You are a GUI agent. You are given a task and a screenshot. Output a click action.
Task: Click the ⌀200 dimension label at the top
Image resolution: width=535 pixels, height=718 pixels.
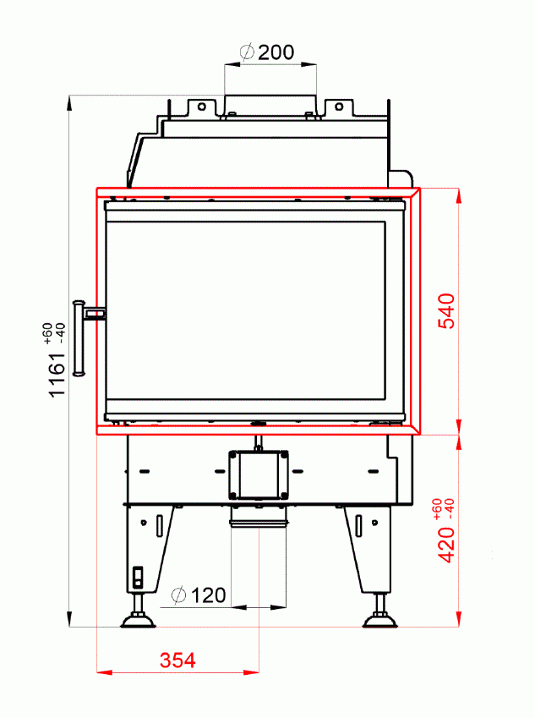coord(268,52)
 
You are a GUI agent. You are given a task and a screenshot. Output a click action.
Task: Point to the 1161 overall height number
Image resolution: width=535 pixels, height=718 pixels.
coord(56,375)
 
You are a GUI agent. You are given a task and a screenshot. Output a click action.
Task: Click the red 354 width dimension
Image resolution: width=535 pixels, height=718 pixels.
coord(177,660)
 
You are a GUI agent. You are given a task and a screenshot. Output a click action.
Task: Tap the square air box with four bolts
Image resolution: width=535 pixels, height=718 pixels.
coord(258,474)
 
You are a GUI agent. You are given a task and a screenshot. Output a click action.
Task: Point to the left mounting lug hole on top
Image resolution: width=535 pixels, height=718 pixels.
coord(201,107)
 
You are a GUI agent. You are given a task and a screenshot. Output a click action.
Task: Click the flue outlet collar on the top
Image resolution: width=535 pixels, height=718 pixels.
coord(270,105)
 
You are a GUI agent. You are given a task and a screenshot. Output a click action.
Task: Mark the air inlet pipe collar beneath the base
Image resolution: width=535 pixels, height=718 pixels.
coord(258,517)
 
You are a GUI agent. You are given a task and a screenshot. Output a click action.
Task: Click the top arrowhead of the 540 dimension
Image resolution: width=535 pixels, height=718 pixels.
coord(459,194)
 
